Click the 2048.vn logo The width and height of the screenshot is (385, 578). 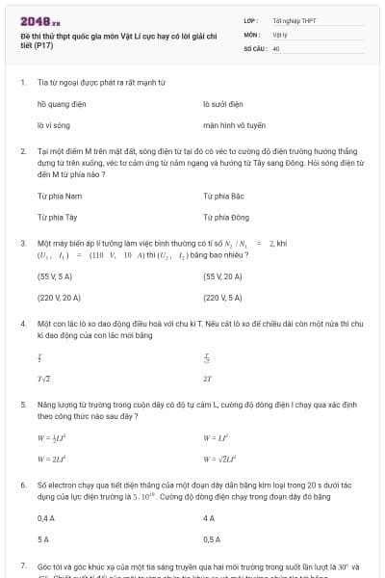39,20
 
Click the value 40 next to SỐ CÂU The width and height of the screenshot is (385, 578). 276,46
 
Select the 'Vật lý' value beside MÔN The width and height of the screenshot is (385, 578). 280,33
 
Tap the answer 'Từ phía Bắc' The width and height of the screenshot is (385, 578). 225,196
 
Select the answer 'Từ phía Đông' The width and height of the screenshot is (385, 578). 226,217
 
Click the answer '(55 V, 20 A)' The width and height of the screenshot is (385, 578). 224,276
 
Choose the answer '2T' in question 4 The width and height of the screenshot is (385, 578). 208,379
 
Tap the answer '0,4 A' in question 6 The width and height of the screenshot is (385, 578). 45,518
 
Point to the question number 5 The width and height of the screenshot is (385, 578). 22,407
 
